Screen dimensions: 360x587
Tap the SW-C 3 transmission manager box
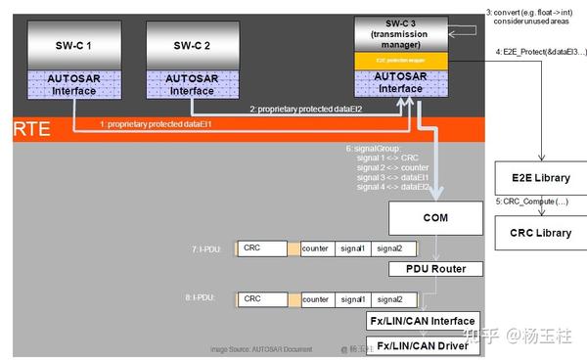pos(401,32)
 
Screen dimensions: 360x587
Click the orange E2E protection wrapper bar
pos(401,61)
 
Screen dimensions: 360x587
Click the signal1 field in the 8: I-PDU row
pos(354,299)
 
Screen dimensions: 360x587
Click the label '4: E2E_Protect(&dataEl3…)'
pos(539,51)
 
